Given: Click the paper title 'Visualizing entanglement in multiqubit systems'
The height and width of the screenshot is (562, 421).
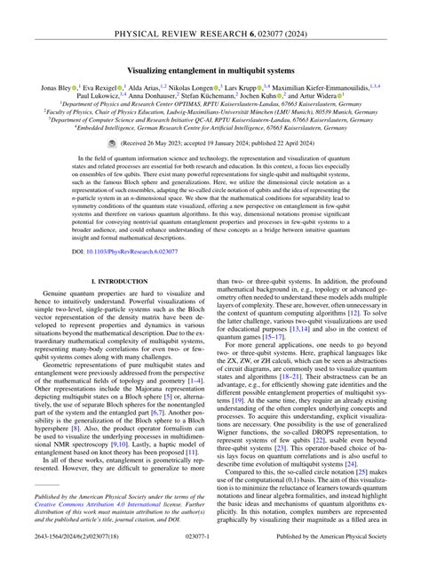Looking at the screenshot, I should click(210, 67).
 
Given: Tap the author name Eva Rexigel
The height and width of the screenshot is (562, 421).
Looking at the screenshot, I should click(101, 89).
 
